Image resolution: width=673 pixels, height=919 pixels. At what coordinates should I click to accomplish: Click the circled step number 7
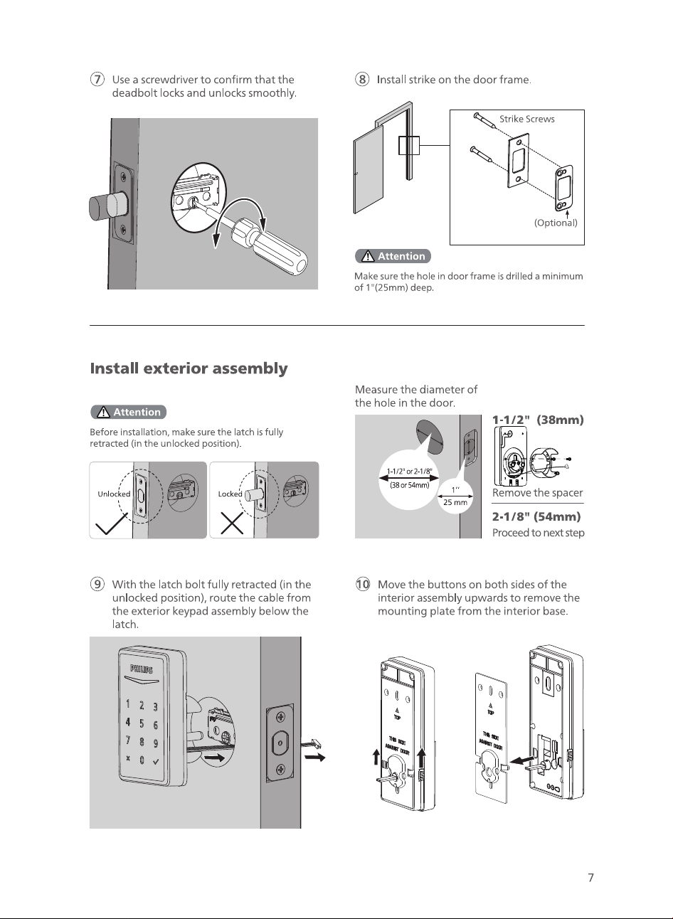coord(97,79)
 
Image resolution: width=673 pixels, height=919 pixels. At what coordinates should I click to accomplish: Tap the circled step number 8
coord(362,79)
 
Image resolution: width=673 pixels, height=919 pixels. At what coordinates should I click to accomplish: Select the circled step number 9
coord(97,584)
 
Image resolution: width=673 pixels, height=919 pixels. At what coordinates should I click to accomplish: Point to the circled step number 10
coord(363,584)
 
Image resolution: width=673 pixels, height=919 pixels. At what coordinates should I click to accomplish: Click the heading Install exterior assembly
coord(189,368)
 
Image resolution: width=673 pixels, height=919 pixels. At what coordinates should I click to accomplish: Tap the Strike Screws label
coord(527,119)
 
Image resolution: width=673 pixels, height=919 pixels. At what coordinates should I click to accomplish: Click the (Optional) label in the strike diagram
coord(556,223)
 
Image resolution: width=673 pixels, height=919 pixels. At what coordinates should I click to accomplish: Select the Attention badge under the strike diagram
coord(393,256)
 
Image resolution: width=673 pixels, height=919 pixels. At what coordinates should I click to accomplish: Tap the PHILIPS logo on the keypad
coord(142,669)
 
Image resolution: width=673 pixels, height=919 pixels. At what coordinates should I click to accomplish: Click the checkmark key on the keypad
coord(156,762)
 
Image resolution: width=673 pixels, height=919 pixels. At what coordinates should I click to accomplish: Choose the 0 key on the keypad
coord(142,760)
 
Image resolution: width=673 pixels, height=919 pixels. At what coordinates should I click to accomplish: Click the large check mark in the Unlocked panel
coord(111,524)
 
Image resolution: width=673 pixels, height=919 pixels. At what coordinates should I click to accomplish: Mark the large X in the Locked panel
coord(232,523)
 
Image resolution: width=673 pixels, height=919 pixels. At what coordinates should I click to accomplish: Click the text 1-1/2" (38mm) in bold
coord(538,420)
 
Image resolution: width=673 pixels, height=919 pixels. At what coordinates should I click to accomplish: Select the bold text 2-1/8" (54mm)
coord(536,516)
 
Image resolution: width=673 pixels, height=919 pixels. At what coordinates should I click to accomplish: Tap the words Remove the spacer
coord(538,493)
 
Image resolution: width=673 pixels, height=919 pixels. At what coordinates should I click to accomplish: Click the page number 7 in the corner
coord(591,878)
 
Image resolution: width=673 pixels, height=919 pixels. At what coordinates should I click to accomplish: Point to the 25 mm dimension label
coord(455,502)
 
